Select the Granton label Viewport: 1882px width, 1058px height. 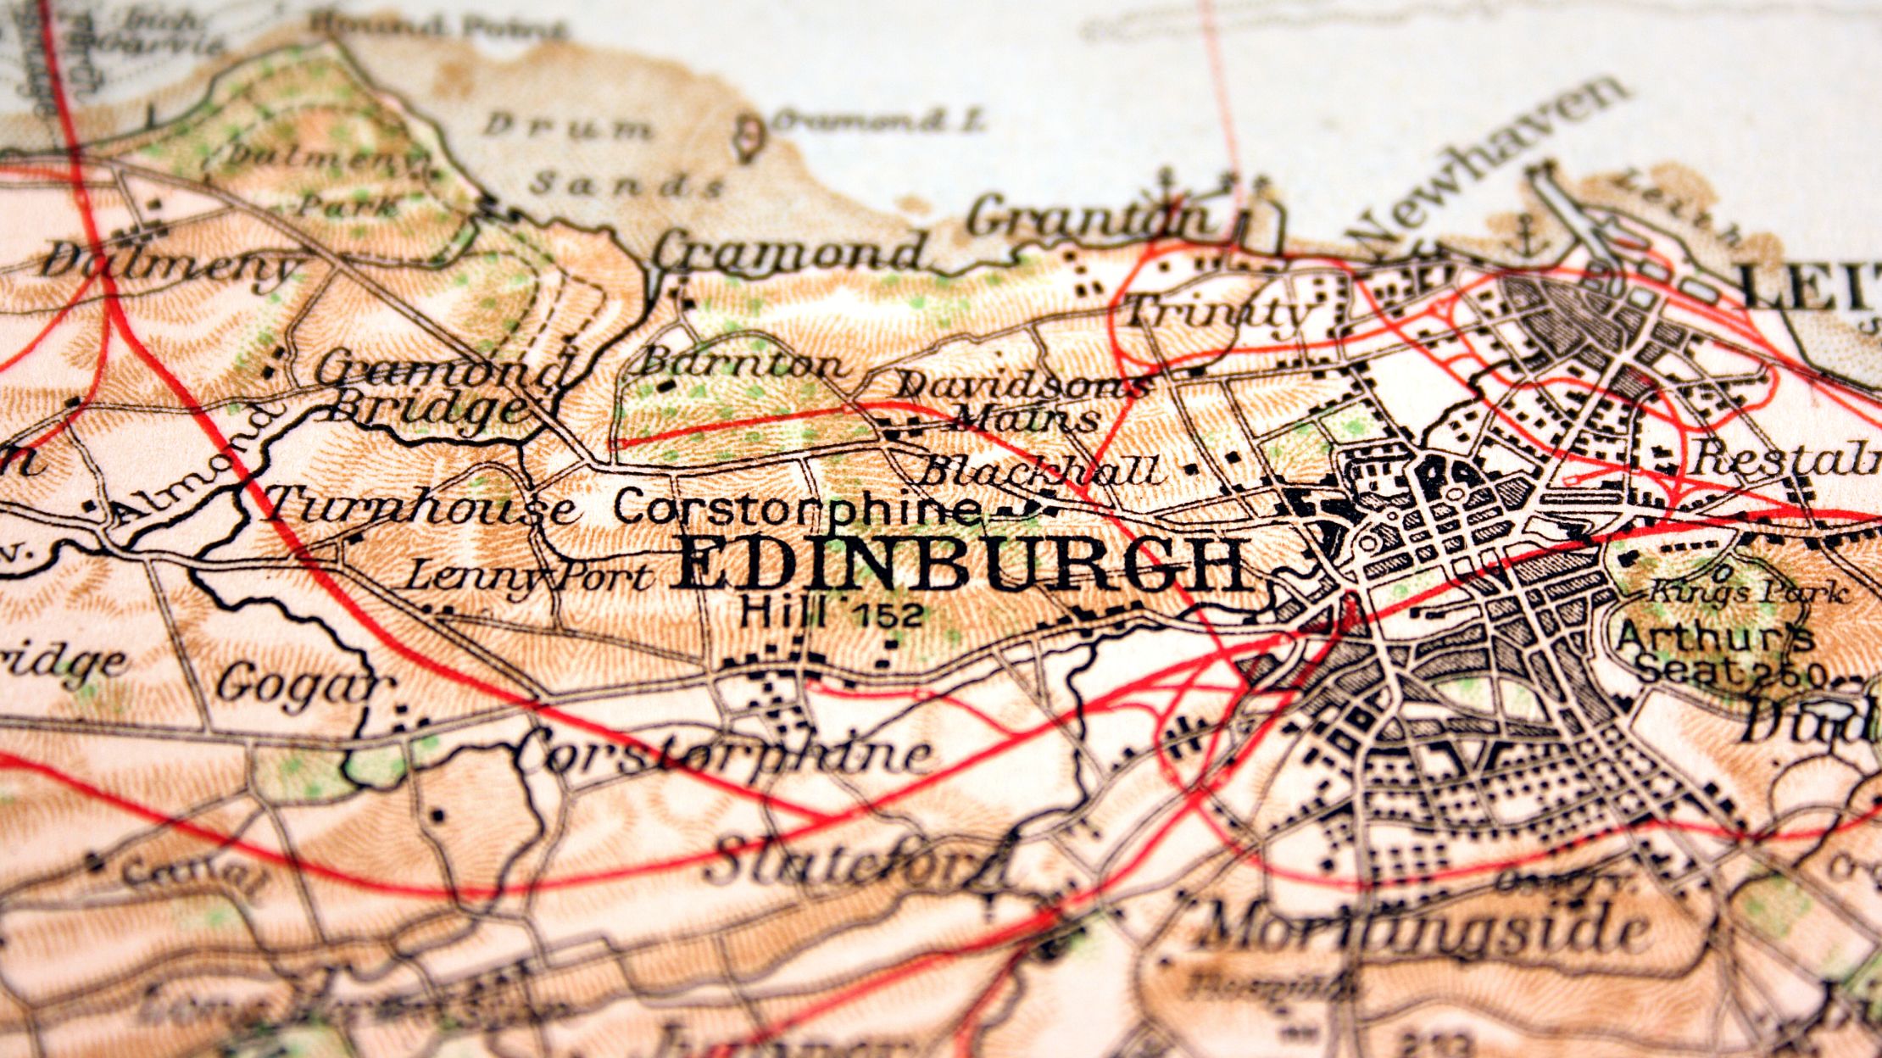1089,217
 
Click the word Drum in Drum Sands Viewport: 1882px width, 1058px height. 569,127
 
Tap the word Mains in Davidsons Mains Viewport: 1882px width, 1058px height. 1026,419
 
